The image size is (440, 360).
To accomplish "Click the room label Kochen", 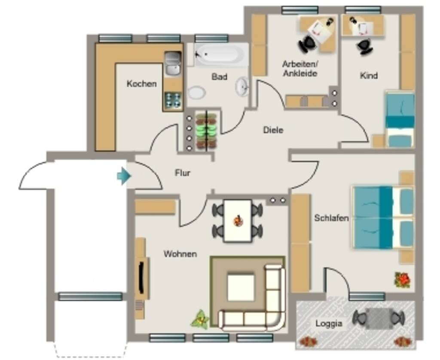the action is point(141,84).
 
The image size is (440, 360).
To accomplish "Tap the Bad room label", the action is point(219,76).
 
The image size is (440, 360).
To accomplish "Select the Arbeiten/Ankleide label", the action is point(299,69).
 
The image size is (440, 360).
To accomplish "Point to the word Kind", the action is point(368,76).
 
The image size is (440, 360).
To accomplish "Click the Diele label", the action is point(273,130).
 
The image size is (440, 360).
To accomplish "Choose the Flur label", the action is point(182,173).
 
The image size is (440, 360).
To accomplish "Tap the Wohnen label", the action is point(180,254).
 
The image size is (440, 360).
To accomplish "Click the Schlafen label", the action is point(331,218).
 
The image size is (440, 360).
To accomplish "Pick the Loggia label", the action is point(329,323).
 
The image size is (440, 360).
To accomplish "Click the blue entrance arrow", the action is point(124,176).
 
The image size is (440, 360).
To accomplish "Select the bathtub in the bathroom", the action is point(221,55).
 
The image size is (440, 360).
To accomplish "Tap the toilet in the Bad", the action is point(196,93).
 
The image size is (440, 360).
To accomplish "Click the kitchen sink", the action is point(173,64).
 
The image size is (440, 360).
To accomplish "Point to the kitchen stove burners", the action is point(173,100).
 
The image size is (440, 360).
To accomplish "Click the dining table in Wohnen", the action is point(238,221).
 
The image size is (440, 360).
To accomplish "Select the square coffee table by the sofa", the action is point(241,287).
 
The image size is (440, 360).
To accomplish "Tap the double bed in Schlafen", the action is point(383,218).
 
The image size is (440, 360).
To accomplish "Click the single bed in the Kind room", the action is point(400,120).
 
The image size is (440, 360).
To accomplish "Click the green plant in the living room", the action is point(200,320).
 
